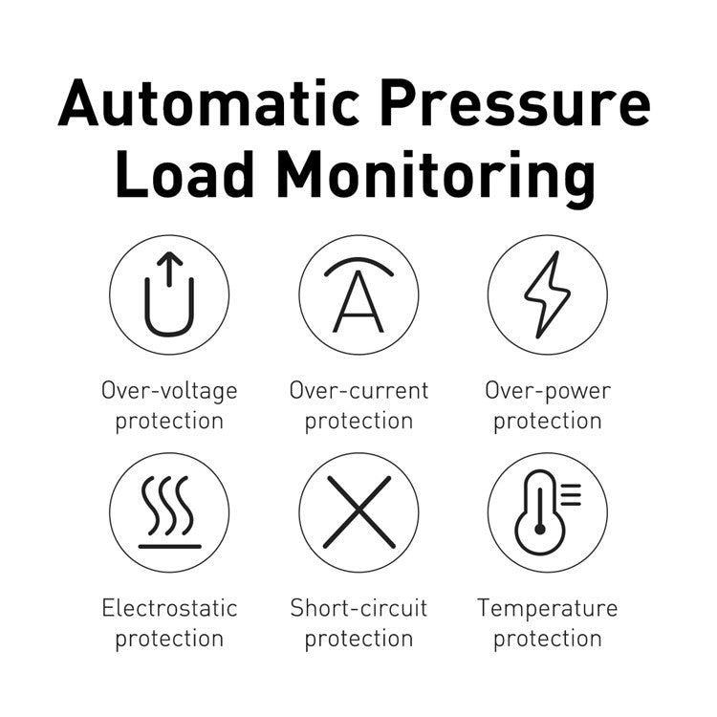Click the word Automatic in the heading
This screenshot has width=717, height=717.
[x=209, y=102]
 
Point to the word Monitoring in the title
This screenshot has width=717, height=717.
[x=436, y=179]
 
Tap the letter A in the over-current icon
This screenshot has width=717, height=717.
[x=358, y=302]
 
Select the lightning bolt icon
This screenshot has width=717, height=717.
[x=548, y=294]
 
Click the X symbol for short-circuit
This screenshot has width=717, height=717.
[x=358, y=512]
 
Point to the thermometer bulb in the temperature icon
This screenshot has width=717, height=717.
[x=540, y=529]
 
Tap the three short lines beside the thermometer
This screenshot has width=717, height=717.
[x=571, y=495]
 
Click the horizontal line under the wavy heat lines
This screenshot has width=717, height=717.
[x=169, y=547]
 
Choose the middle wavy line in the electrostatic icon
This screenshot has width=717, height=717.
[x=168, y=506]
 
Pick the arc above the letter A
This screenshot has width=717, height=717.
[x=358, y=266]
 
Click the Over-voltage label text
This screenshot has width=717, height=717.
[x=169, y=391]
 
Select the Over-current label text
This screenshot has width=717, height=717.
[x=358, y=391]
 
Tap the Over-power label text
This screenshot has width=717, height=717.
[x=548, y=392]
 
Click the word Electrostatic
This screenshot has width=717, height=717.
[x=169, y=608]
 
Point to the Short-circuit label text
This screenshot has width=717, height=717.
[x=358, y=608]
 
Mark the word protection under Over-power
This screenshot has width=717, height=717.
[x=548, y=422]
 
